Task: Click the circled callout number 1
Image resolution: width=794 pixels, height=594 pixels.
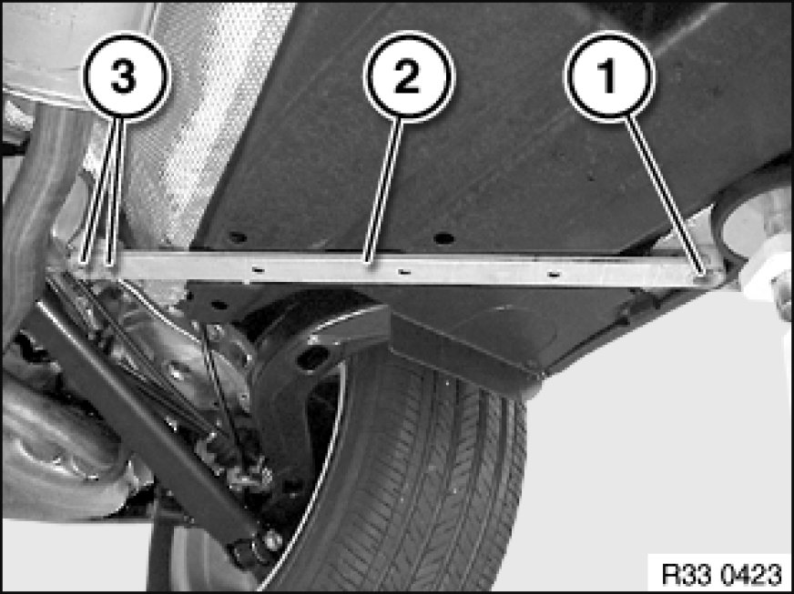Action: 609,77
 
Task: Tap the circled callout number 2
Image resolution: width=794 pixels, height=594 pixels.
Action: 408,77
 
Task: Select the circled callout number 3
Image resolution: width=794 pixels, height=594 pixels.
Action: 125,77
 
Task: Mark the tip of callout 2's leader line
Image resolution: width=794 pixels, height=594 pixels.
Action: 369,262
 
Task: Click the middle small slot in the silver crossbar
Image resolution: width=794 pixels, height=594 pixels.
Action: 403,272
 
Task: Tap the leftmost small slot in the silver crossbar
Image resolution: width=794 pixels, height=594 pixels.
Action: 258,270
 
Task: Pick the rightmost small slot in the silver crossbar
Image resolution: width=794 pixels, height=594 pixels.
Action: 554,274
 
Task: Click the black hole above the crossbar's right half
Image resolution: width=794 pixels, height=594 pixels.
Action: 443,237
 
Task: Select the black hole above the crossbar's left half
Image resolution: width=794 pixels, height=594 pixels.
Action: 237,237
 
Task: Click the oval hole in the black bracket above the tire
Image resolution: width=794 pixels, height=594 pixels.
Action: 312,358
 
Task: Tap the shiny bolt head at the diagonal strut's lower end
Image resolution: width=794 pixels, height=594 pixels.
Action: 272,541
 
